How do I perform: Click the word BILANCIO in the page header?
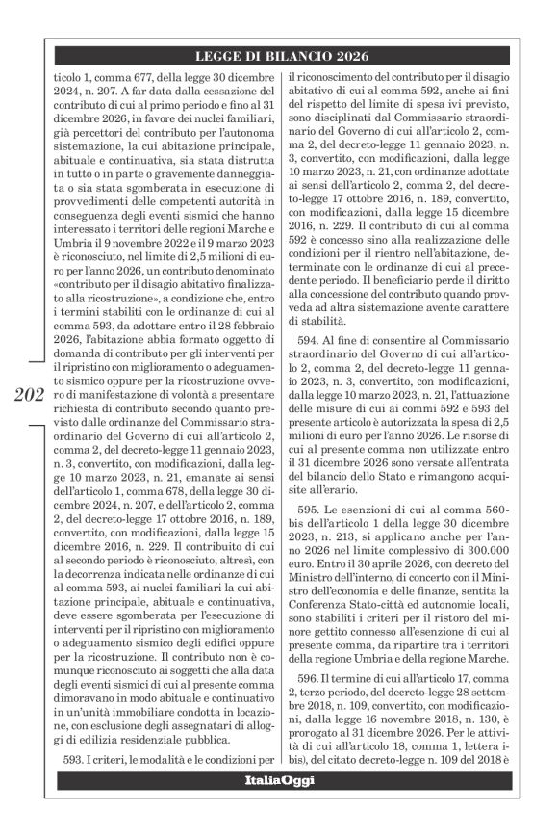tap(292, 56)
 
